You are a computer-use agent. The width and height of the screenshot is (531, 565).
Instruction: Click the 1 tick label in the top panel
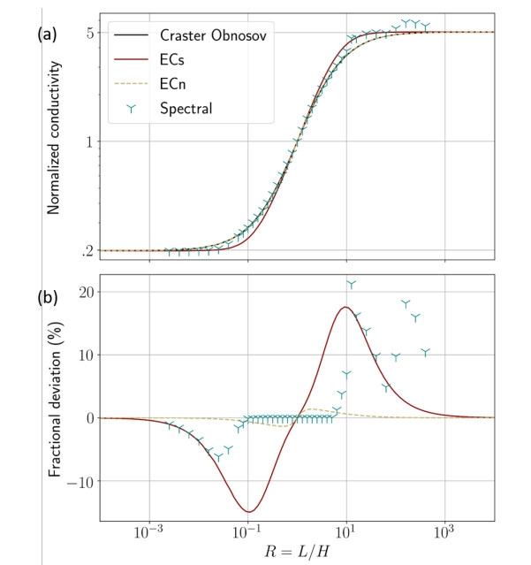[x=90, y=141]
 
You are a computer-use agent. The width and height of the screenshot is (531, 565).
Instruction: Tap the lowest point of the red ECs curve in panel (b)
[x=248, y=511]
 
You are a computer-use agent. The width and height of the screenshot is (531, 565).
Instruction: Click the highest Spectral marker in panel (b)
[x=352, y=284]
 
